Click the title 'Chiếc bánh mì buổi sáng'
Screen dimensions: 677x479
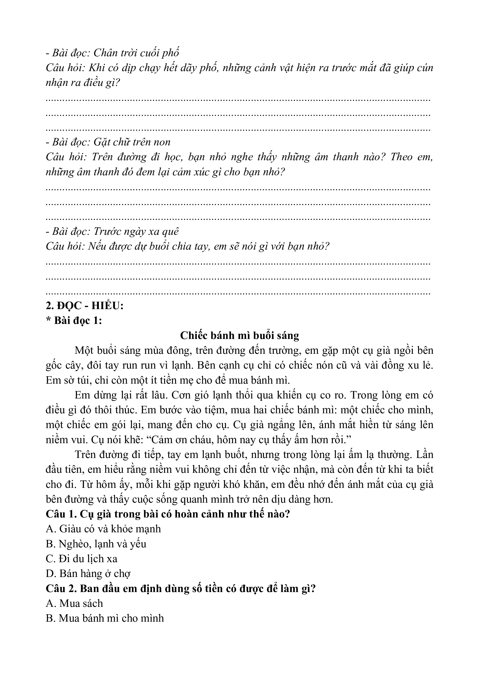pos(239,335)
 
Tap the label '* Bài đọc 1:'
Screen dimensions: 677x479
pos(74,320)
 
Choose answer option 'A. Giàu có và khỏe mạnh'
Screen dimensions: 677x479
pos(103,529)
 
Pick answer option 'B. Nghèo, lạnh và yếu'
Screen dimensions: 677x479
pos(96,543)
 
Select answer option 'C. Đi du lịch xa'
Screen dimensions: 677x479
pos(82,558)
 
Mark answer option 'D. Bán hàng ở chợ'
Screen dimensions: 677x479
pos(88,574)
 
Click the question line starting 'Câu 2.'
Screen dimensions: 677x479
pos(181,588)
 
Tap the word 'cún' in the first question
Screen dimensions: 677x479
pos(425,68)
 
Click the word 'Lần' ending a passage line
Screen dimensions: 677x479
pos(425,454)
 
